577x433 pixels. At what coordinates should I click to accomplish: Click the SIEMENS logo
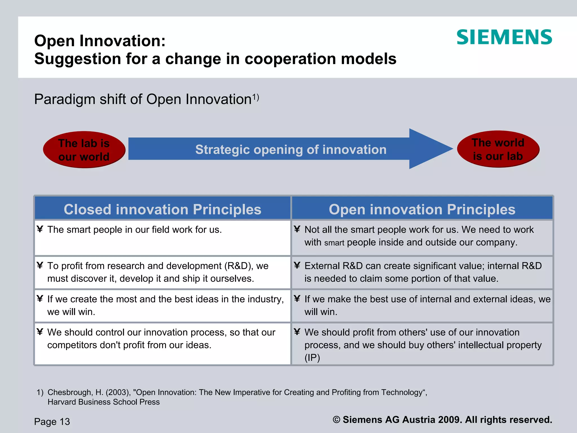pos(504,37)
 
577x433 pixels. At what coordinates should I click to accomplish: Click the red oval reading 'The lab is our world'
pos(84,150)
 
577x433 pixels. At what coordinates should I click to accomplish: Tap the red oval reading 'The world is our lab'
pos(498,149)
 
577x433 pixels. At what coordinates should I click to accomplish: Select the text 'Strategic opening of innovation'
pos(291,149)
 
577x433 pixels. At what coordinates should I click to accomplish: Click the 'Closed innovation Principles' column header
pos(163,209)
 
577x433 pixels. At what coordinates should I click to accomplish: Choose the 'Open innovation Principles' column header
pos(422,209)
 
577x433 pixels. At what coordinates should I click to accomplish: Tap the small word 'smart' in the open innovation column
pos(334,243)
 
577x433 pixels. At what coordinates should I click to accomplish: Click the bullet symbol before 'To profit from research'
pos(40,265)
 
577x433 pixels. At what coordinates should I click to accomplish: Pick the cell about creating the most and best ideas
pos(163,305)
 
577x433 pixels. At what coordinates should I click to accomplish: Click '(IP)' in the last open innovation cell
pos(312,358)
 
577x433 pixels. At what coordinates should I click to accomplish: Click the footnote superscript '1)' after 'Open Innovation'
pos(256,97)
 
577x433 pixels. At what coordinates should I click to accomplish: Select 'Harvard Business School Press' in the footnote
pos(103,402)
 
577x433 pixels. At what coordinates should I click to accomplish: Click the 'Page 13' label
pos(52,421)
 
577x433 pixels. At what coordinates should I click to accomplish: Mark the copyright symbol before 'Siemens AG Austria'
pos(336,419)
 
